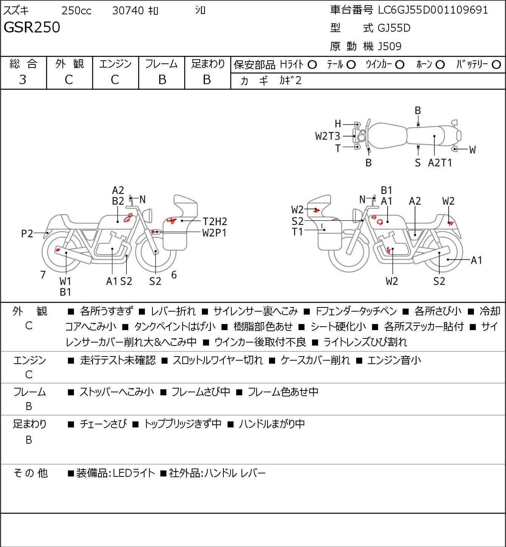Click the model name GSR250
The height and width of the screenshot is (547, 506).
(x=32, y=27)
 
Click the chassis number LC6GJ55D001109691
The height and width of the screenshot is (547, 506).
(x=433, y=10)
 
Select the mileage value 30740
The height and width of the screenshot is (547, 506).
(x=128, y=11)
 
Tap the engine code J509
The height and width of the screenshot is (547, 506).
(x=389, y=46)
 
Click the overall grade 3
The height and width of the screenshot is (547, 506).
(x=23, y=80)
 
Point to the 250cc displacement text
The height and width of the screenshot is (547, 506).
(x=76, y=11)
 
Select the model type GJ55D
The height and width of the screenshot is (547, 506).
(x=394, y=28)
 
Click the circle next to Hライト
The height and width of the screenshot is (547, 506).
(x=312, y=65)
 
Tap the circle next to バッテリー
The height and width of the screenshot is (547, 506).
(x=496, y=65)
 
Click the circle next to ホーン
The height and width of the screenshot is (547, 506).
(x=440, y=65)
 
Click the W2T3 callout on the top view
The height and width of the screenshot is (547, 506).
(x=328, y=136)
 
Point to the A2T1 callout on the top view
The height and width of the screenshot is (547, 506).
(x=440, y=163)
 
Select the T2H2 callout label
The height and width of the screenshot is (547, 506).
(x=215, y=221)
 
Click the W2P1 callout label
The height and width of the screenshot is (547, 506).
(x=214, y=233)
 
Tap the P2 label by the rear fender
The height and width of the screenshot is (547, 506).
(x=27, y=234)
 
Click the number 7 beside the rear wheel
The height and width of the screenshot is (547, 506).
(x=43, y=275)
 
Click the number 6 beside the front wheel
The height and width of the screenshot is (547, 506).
(x=174, y=275)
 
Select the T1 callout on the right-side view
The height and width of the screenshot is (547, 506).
(x=297, y=232)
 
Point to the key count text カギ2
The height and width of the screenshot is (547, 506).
(x=291, y=81)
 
